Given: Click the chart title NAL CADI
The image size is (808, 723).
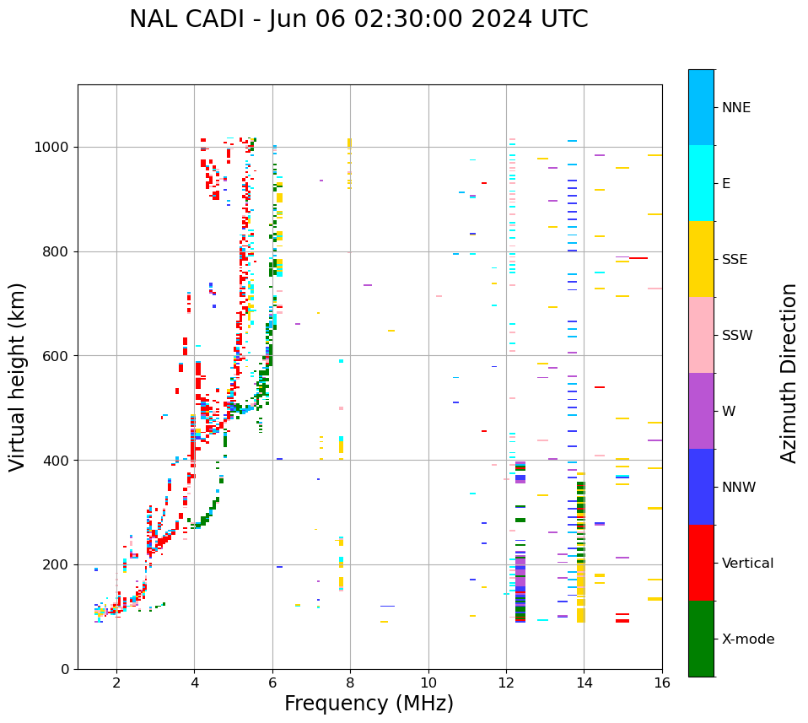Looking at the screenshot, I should click(358, 19).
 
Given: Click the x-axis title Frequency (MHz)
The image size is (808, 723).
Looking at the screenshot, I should click(369, 704).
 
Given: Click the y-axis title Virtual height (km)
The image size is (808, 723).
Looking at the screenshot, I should click(18, 376).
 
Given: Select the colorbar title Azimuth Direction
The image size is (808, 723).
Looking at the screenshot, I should click(789, 373).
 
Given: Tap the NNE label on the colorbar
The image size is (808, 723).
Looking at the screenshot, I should click(735, 108).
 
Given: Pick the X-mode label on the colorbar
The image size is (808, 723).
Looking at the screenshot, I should click(747, 639).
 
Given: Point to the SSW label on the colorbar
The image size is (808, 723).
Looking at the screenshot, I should click(737, 336).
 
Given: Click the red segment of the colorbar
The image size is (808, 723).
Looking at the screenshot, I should click(701, 563).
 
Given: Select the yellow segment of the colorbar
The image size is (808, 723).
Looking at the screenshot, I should click(701, 259).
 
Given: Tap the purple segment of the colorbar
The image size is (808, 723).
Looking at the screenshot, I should click(701, 411).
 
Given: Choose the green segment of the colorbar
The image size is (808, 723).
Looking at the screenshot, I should click(701, 639).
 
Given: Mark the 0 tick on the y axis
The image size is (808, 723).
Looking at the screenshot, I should click(65, 669).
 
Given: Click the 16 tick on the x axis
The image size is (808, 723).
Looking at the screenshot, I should click(661, 682).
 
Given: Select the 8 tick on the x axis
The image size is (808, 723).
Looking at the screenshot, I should click(350, 682).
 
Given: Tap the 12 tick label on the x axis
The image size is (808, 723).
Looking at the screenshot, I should click(506, 682).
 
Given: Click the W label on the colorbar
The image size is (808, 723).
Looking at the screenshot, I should click(729, 412).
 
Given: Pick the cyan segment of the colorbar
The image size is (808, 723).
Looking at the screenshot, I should click(701, 183).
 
